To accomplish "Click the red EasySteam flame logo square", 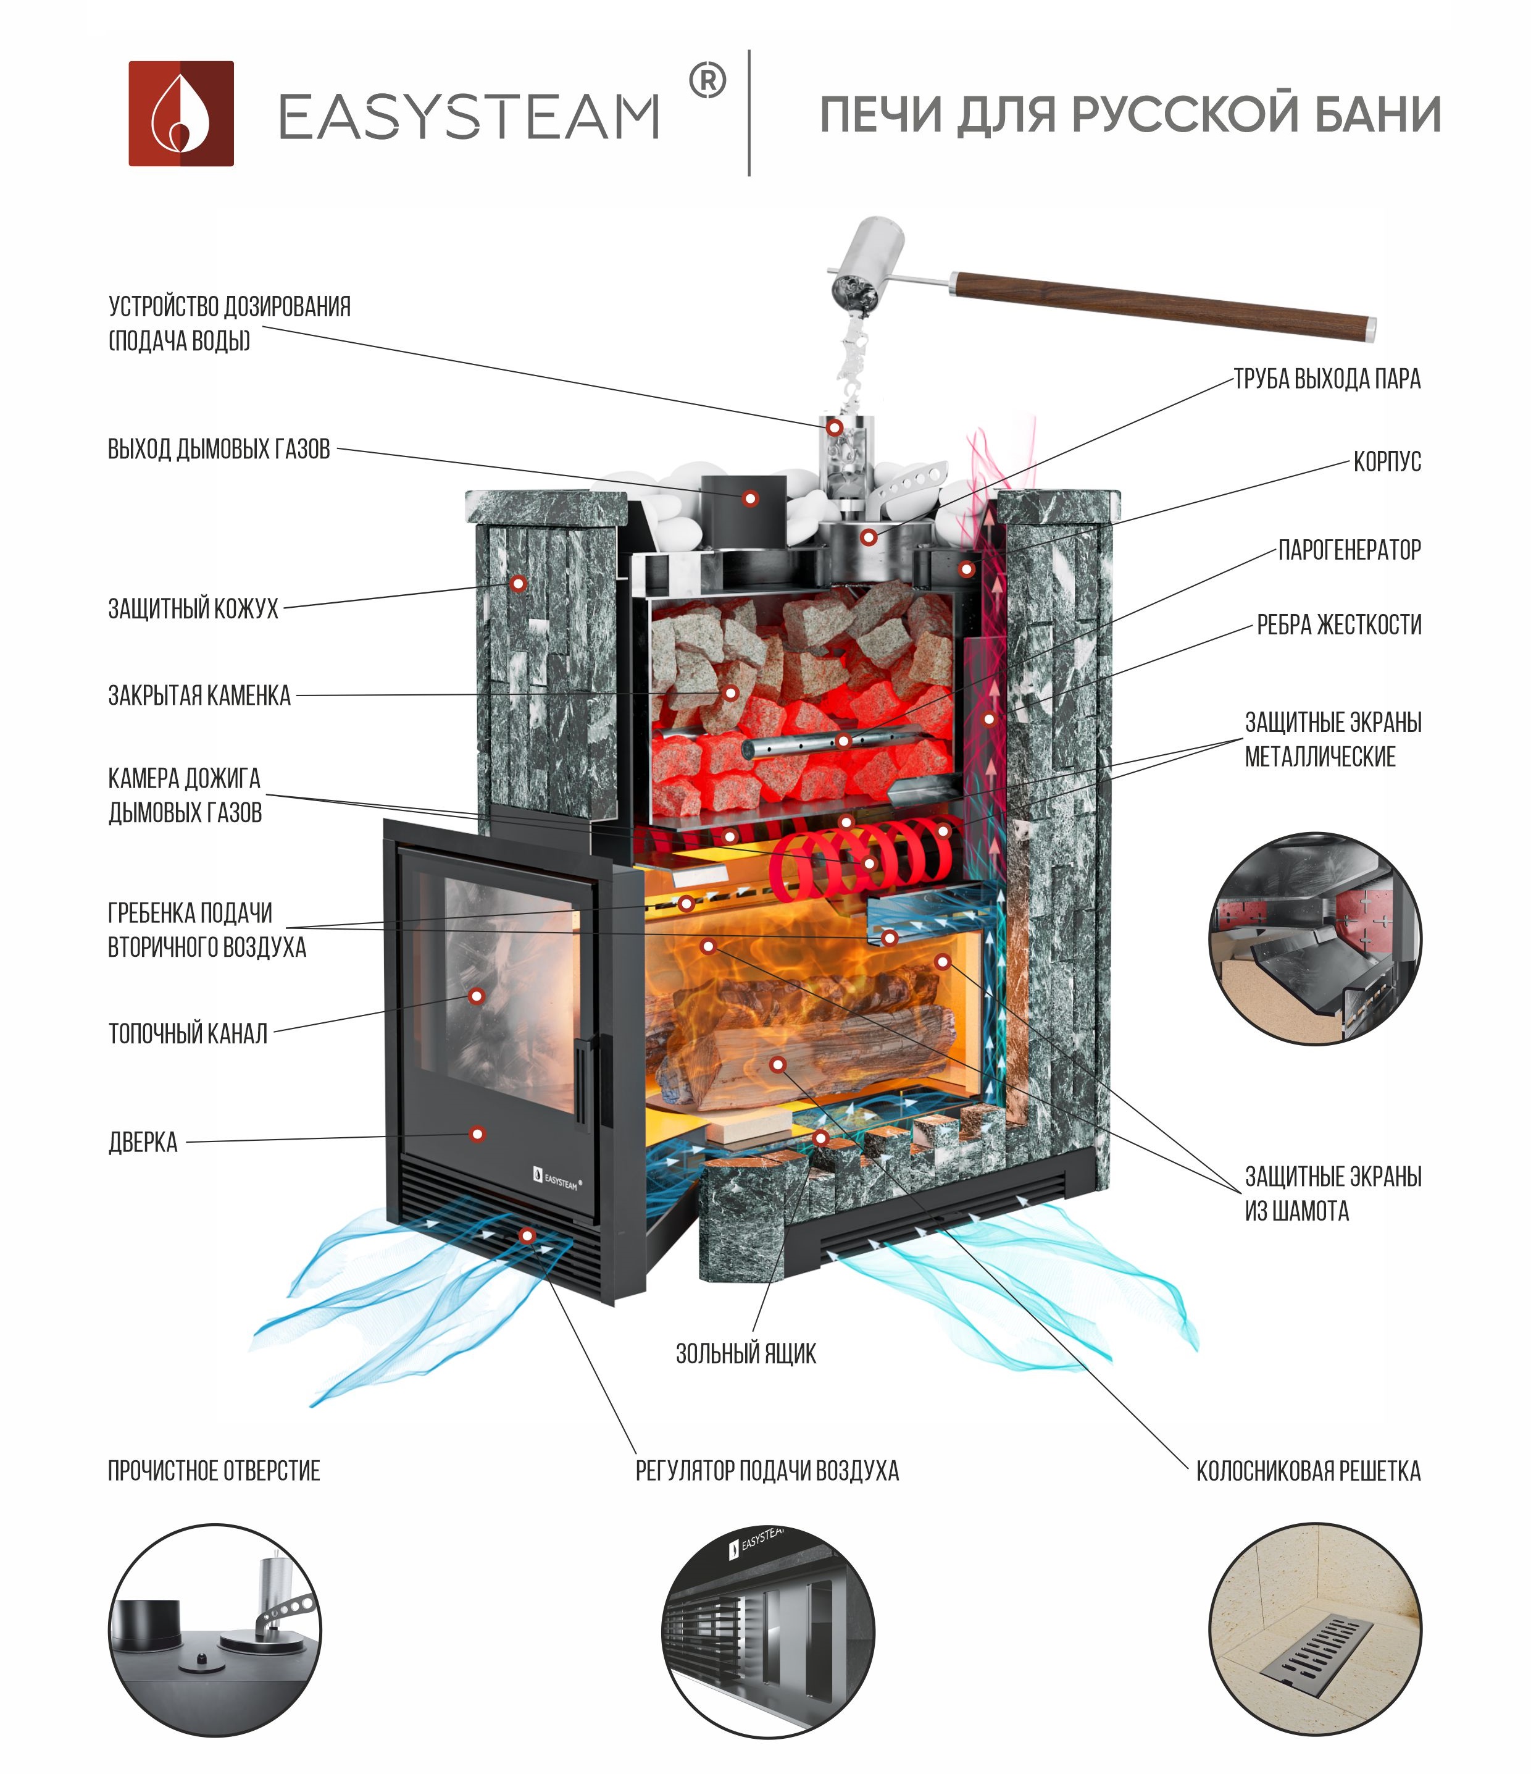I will [x=180, y=113].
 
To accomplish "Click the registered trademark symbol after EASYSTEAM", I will [x=707, y=82].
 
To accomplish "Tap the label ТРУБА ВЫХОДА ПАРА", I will [x=1327, y=379].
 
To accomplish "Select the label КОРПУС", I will [x=1387, y=462].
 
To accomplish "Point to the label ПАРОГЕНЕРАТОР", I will [x=1349, y=550].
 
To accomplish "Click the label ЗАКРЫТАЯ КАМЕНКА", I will [x=199, y=696].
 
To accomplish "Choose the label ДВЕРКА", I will [x=143, y=1142].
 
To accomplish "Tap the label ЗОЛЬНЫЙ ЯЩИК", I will [x=745, y=1353].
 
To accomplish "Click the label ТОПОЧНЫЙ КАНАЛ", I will [x=188, y=1033].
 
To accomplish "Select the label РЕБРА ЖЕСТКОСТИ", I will [x=1338, y=625].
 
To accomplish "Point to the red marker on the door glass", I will [x=477, y=996].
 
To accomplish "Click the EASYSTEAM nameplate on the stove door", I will [x=557, y=1180].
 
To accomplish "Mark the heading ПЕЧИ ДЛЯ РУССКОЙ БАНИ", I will [x=1130, y=115].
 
